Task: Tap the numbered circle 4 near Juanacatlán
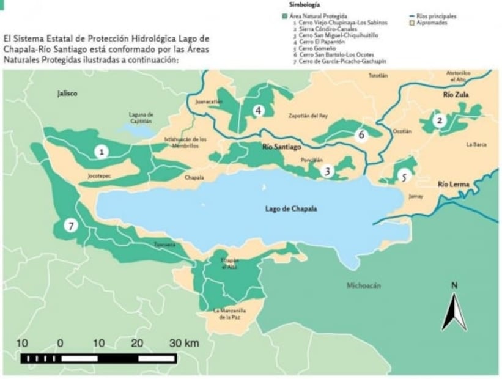(x=259, y=111)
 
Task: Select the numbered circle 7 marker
(x=72, y=226)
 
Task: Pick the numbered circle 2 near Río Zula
(x=438, y=120)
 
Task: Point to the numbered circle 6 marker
(x=361, y=134)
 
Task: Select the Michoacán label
(x=363, y=285)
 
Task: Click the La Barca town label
(x=476, y=145)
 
